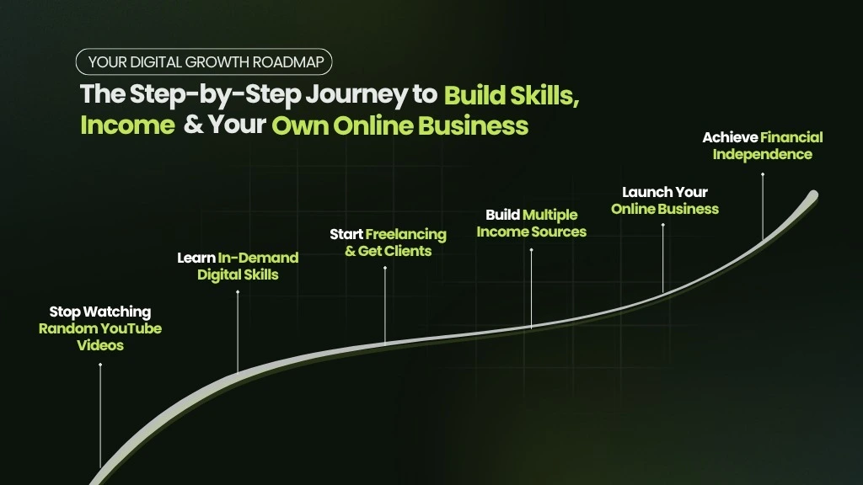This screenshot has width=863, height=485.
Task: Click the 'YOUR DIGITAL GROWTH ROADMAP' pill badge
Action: tap(204, 61)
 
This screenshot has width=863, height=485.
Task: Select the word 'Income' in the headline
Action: tap(128, 125)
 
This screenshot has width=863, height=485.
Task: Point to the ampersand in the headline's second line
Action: tap(193, 125)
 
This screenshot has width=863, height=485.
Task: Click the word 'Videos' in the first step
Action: tap(100, 345)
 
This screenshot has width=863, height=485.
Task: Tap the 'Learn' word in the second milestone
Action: tap(196, 258)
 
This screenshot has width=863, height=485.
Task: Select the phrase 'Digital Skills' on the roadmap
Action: tap(238, 274)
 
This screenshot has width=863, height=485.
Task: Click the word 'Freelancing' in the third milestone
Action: tap(405, 235)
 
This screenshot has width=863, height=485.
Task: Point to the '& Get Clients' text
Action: tap(388, 251)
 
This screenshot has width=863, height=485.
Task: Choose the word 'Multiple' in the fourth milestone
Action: tap(549, 215)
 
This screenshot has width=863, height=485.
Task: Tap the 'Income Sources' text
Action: tap(531, 232)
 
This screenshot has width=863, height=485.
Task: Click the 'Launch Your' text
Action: tap(665, 192)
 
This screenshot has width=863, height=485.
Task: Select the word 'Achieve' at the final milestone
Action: tap(730, 137)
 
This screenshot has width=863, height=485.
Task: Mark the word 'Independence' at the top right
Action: tap(762, 155)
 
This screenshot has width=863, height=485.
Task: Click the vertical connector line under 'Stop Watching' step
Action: tap(100, 416)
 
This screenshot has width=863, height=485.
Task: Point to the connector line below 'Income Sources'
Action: tap(531, 289)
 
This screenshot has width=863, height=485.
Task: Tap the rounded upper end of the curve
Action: tap(813, 195)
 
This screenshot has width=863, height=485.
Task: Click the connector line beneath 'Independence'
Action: tap(762, 207)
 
